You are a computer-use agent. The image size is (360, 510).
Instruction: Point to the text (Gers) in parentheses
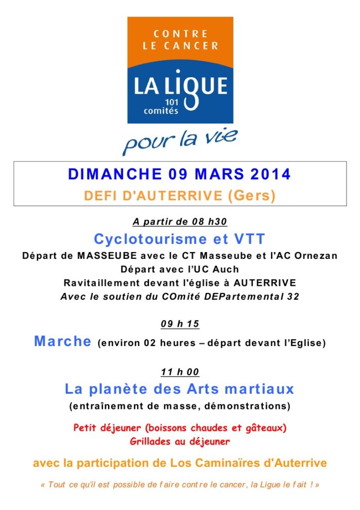point(251,196)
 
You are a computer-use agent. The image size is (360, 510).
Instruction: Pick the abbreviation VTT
point(249,239)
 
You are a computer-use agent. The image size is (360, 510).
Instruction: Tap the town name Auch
point(227,269)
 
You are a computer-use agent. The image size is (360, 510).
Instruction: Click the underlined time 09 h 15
point(180,324)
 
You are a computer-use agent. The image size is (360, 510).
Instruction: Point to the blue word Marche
point(62,342)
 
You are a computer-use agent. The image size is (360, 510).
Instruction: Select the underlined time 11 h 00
point(180,372)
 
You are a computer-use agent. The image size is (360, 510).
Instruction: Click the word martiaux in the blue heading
point(258,388)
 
